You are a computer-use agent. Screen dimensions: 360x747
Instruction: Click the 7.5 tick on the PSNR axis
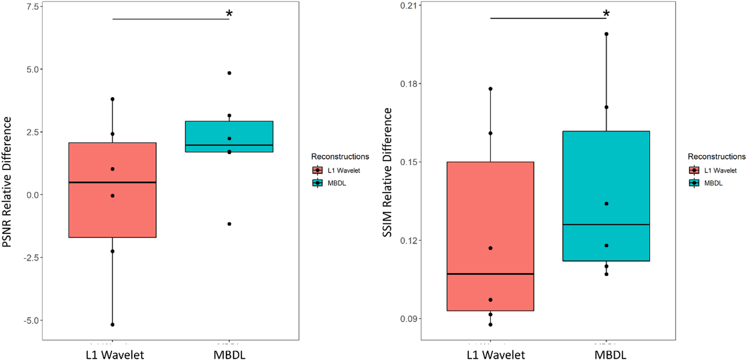[33, 7]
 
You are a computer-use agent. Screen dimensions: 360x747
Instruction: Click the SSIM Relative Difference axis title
[387, 172]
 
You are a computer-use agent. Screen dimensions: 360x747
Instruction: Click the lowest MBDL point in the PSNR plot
[229, 224]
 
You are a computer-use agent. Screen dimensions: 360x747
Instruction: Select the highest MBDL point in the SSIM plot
[606, 34]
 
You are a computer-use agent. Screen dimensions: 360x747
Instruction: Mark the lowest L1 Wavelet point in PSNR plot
[112, 324]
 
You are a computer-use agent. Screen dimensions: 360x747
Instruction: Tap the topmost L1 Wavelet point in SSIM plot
[490, 89]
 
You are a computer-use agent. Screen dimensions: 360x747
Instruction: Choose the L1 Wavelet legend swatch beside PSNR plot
[317, 170]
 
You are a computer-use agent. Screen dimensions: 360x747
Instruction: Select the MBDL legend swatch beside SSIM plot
[694, 183]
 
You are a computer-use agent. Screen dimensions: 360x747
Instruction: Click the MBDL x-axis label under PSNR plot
[229, 355]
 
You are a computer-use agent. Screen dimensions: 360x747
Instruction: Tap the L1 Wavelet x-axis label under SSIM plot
[496, 355]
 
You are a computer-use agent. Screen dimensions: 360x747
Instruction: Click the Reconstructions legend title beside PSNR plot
[340, 156]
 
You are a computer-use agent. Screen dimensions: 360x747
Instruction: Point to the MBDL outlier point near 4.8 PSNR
[229, 73]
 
